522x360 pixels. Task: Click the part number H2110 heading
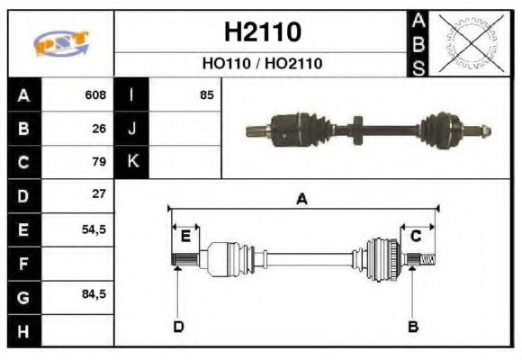point(262,32)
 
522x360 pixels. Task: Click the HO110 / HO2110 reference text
point(262,64)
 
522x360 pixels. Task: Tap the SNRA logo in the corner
point(61,43)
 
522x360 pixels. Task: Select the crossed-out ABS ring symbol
point(468,42)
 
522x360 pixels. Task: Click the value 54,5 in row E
point(94,229)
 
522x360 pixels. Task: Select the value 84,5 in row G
point(94,294)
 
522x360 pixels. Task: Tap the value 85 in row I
point(207,94)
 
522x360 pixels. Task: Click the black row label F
point(23,265)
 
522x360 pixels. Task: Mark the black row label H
point(23,331)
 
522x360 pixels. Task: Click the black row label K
point(132,162)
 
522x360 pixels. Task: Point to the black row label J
point(132,128)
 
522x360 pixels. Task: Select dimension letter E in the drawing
point(185,237)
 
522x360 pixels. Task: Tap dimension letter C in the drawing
point(417,237)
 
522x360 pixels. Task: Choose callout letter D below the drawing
point(178,325)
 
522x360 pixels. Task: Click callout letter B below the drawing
point(412,325)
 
